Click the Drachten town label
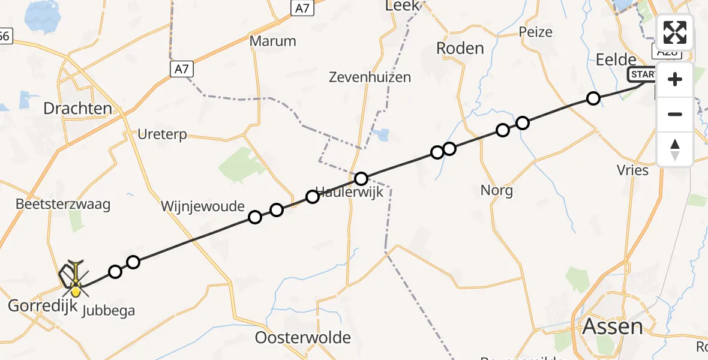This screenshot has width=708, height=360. tap(78, 109)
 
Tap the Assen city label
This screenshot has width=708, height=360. tap(612, 327)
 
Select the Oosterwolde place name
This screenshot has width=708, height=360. tap(302, 337)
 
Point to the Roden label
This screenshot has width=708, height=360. tap(460, 48)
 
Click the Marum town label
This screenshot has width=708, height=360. tap(273, 41)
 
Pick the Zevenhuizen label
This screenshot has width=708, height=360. tap(370, 77)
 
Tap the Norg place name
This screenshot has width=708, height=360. tap(497, 191)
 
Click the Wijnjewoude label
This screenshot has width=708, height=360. tap(203, 207)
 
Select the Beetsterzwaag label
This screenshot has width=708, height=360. tap(64, 204)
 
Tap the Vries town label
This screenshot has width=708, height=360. tap(633, 170)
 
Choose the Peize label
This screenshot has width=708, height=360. tap(536, 32)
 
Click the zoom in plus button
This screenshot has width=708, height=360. tap(675, 79)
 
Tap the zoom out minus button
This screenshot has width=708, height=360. tap(675, 114)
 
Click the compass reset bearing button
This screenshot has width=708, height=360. tap(675, 149)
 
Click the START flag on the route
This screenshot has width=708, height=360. tap(642, 74)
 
